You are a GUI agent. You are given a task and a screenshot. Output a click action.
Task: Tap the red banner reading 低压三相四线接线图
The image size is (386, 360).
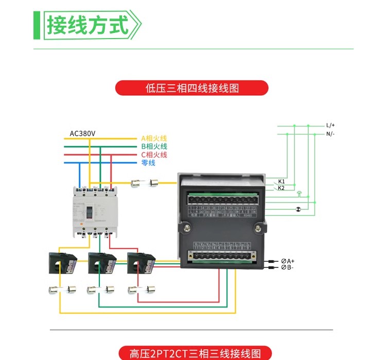click(192, 88)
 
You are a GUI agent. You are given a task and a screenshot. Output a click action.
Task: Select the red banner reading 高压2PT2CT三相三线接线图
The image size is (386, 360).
click(192, 353)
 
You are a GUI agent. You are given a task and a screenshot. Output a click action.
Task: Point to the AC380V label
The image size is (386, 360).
click(83, 134)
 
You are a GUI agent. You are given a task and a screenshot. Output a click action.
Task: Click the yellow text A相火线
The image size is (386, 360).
click(154, 138)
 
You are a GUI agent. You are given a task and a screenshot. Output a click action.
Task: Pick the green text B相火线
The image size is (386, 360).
click(154, 147)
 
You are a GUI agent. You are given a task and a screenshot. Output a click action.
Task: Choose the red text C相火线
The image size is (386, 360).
click(154, 155)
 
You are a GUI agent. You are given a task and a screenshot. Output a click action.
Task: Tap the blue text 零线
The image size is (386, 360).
click(148, 163)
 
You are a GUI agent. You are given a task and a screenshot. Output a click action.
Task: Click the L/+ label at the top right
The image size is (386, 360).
click(330, 125)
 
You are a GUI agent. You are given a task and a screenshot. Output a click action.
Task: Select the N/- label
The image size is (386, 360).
click(330, 134)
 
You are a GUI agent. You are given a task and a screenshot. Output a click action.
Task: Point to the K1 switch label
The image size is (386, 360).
click(282, 182)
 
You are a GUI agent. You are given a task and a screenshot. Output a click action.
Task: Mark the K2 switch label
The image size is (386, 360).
click(282, 188)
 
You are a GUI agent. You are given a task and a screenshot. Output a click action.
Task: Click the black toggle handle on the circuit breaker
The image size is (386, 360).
click(89, 212)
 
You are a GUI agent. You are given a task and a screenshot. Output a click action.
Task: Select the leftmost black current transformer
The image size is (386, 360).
click(62, 263)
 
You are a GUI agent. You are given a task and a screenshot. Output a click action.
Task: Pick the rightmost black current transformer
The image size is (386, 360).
click(141, 263)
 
